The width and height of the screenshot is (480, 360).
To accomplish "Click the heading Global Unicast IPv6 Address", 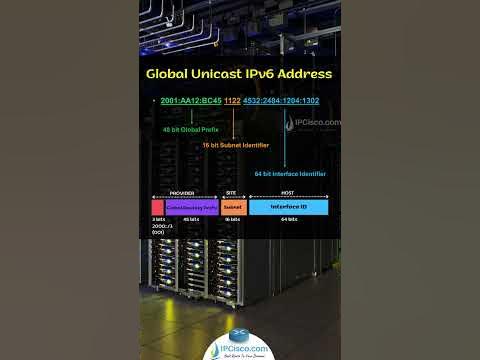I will [239, 74].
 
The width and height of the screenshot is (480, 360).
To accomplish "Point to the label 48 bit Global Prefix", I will [189, 130].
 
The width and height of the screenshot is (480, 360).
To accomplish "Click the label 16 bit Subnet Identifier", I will [237, 146].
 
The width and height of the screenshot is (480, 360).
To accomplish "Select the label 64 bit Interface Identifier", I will [291, 173].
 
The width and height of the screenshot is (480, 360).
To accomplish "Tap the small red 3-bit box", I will [158, 207].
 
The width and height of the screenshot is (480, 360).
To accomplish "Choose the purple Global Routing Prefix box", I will [192, 207].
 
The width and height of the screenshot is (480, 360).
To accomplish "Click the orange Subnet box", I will [232, 207].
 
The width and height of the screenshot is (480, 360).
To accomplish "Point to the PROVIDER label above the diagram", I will [183, 193].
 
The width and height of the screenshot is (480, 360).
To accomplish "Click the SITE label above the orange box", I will [232, 193].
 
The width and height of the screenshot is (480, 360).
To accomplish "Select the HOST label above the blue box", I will [287, 193].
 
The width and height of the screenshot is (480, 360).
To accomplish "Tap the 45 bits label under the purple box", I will [192, 218].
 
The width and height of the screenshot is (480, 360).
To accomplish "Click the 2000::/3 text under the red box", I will [160, 225].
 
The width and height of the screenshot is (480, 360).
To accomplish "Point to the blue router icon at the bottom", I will [239, 336].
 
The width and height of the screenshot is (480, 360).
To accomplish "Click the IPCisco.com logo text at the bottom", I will [239, 349].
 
